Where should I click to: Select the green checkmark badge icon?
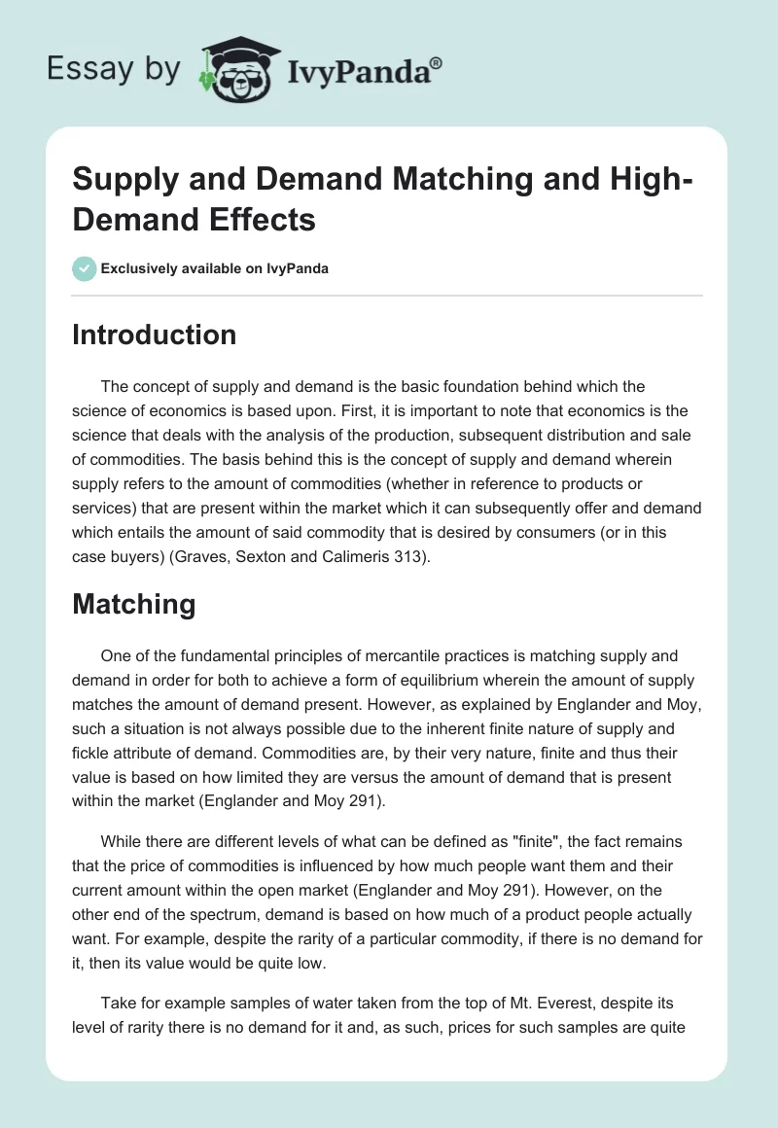point(85,268)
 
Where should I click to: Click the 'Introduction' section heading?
point(155,335)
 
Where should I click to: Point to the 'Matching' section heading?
point(133,604)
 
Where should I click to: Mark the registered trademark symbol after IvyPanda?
point(437,62)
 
